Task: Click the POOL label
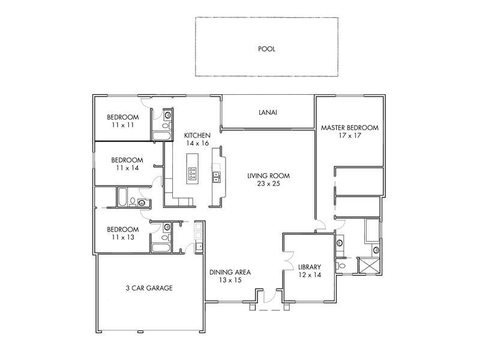pyautogui.click(x=266, y=49)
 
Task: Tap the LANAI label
pyautogui.click(x=268, y=112)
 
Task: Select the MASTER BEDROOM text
pyautogui.click(x=350, y=128)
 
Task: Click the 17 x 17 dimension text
pyautogui.click(x=350, y=136)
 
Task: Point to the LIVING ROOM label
pyautogui.click(x=268, y=176)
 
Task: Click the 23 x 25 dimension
pyautogui.click(x=268, y=184)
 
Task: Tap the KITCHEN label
pyautogui.click(x=197, y=136)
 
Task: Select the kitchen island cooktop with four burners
pyautogui.click(x=192, y=173)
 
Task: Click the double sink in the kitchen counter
pyautogui.click(x=216, y=176)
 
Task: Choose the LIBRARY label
pyautogui.click(x=310, y=267)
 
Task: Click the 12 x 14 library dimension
pyautogui.click(x=310, y=275)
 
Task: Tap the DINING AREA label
pyautogui.click(x=230, y=272)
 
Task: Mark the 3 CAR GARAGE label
pyautogui.click(x=149, y=288)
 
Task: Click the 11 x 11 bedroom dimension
pyautogui.click(x=123, y=125)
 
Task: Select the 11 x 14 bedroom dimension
pyautogui.click(x=127, y=168)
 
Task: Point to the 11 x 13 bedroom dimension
pyautogui.click(x=123, y=237)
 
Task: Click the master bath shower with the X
pyautogui.click(x=369, y=265)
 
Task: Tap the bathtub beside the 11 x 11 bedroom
pyautogui.click(x=161, y=136)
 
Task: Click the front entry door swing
pyautogui.click(x=269, y=296)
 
